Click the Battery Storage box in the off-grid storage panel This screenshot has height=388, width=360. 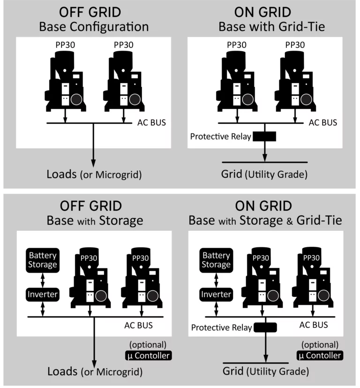pyautogui.click(x=43, y=260)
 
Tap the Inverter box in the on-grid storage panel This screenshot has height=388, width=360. pyautogui.click(x=216, y=295)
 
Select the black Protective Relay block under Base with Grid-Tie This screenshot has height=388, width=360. pyautogui.click(x=264, y=137)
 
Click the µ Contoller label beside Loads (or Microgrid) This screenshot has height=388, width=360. pyautogui.click(x=148, y=356)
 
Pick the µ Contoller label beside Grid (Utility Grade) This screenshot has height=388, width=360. pyautogui.click(x=320, y=355)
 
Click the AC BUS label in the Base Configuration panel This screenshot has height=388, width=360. pyautogui.click(x=151, y=122)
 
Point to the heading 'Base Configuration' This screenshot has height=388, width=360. pyautogui.click(x=94, y=27)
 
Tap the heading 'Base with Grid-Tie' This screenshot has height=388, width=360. pyautogui.click(x=272, y=27)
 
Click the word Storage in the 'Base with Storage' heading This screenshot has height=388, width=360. pyautogui.click(x=121, y=221)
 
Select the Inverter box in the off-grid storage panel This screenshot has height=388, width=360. pyautogui.click(x=43, y=295)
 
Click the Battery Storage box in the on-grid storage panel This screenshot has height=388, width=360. pyautogui.click(x=216, y=260)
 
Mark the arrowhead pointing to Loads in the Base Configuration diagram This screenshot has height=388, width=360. pyautogui.click(x=93, y=163)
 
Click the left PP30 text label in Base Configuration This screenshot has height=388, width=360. pyautogui.click(x=65, y=45)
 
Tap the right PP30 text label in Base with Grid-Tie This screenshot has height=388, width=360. pyautogui.click(x=295, y=45)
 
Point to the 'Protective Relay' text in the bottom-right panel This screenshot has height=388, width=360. pyautogui.click(x=222, y=327)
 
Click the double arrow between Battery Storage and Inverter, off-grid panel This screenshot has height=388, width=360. pyautogui.click(x=43, y=281)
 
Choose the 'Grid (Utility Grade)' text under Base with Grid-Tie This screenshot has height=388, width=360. pyautogui.click(x=264, y=175)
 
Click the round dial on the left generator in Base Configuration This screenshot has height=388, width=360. pyautogui.click(x=76, y=99)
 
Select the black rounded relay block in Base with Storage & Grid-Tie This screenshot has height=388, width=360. pyautogui.click(x=265, y=327)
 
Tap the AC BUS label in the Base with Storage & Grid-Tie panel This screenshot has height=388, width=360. pyautogui.click(x=314, y=325)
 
